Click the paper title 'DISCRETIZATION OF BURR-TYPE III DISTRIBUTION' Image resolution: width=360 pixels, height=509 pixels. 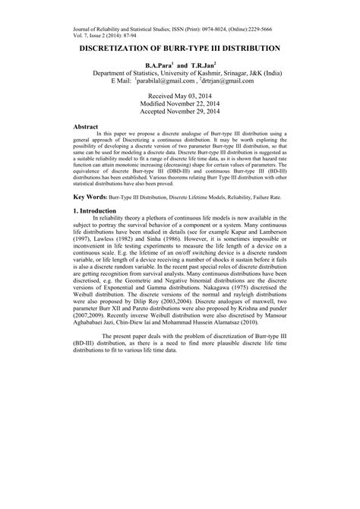[x=180, y=47]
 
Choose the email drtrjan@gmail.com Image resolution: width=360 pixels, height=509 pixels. [x=226, y=80]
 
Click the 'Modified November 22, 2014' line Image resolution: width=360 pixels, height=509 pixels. [x=180, y=106]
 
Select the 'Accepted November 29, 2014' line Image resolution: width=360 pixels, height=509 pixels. [x=180, y=115]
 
